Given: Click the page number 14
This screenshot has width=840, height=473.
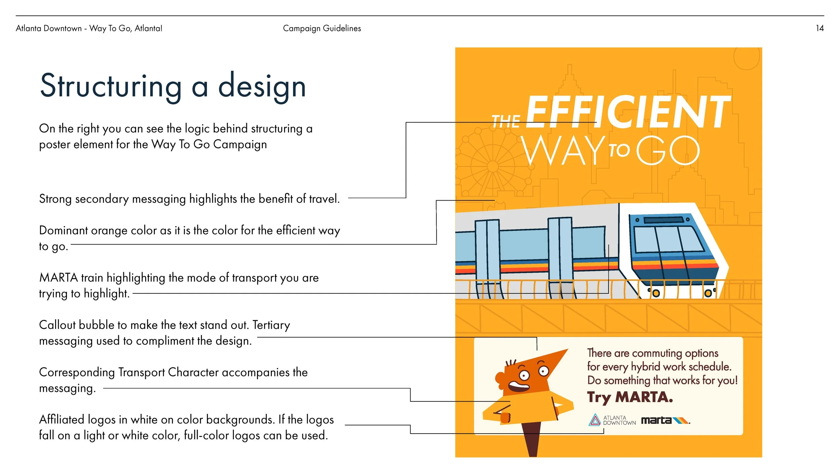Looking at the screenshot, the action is point(820,28).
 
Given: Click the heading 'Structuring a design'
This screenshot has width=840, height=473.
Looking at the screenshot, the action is point(173,86).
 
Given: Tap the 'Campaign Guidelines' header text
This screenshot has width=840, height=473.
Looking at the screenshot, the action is point(322,28).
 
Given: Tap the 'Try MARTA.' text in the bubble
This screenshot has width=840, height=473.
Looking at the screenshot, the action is point(630,397).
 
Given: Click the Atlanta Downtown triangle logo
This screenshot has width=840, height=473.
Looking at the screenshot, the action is point(595,420).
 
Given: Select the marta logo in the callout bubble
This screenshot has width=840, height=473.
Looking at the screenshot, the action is point(665,421).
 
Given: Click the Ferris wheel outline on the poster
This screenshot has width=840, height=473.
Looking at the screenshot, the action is point(493,166).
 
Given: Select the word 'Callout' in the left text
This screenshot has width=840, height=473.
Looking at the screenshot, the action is point(57,325).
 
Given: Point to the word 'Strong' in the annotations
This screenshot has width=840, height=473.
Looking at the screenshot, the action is point(55,199).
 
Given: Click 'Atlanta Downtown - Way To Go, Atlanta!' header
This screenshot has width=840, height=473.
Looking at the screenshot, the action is point(89,28).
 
